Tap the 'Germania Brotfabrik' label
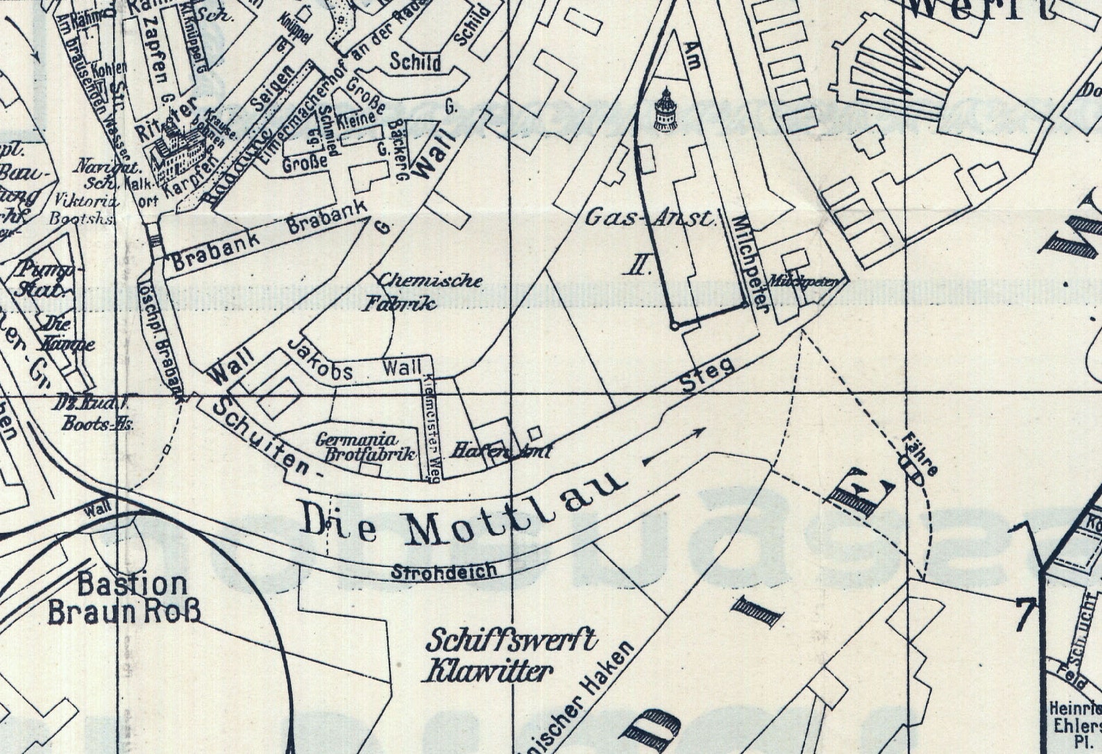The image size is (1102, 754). click(368, 446)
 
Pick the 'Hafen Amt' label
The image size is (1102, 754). click(501, 451)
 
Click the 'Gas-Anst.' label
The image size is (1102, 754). click(649, 218)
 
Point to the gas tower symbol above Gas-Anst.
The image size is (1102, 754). click(664, 110)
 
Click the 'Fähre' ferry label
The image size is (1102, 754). click(922, 455)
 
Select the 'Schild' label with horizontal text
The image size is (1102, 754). click(415, 62)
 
